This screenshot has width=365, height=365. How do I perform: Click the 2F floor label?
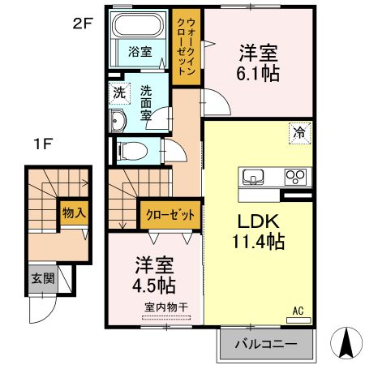[83, 23]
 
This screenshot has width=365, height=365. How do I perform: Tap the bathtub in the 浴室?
[140, 30]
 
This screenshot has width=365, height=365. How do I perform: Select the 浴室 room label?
[140, 52]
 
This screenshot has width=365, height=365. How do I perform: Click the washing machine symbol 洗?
[118, 92]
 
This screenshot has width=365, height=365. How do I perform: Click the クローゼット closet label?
[170, 216]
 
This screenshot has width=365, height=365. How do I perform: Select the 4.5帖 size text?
[153, 285]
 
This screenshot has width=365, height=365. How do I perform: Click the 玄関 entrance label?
[44, 278]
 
